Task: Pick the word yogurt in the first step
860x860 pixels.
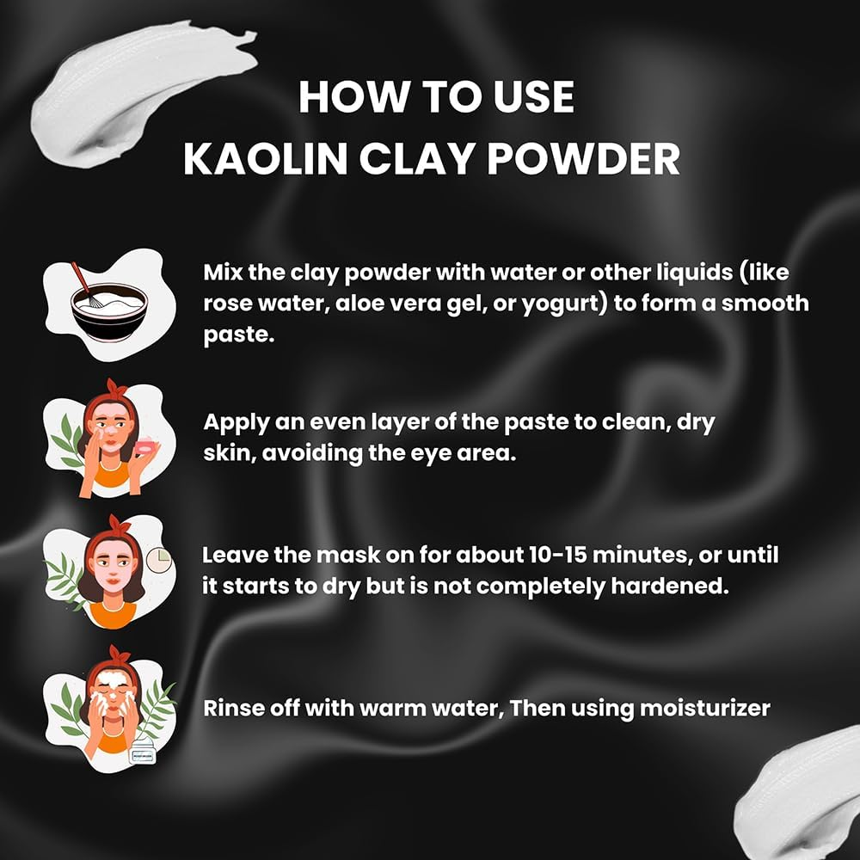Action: point(556,304)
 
